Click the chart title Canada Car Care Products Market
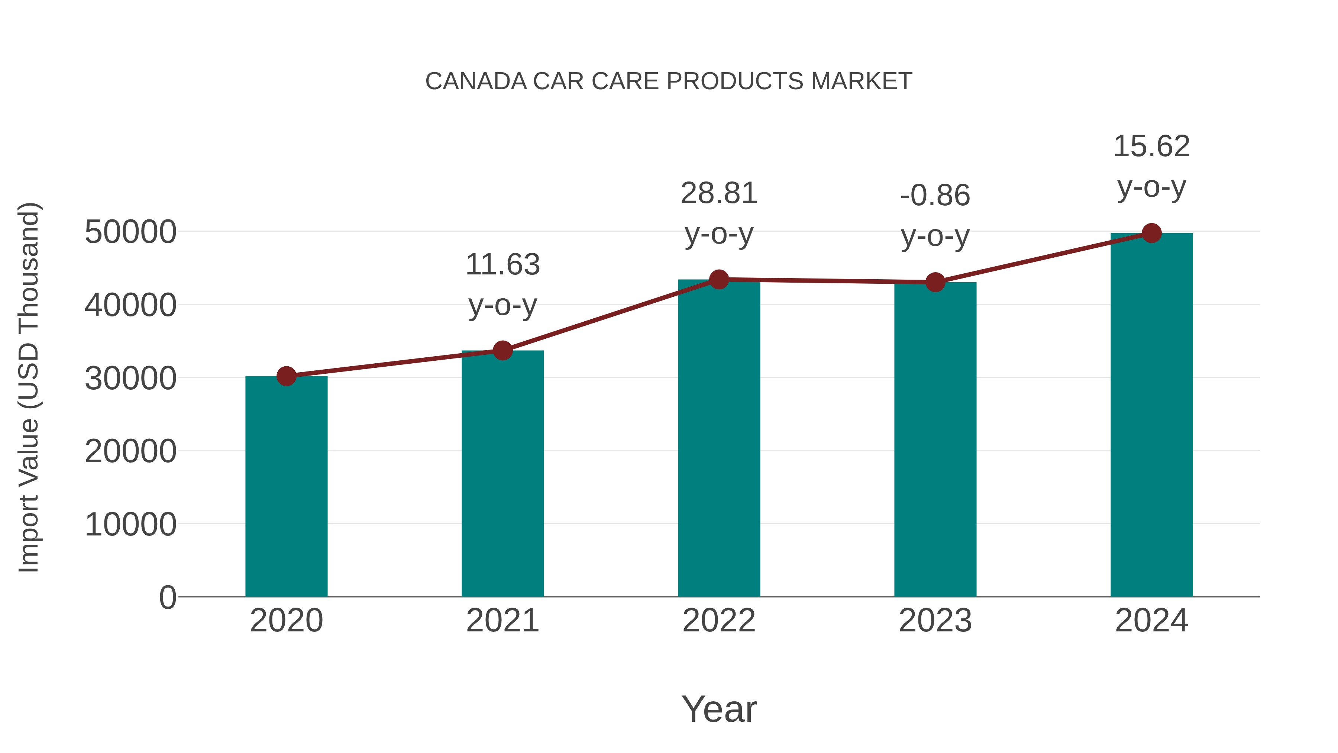(x=669, y=81)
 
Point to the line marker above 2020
(x=286, y=376)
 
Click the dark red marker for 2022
(x=719, y=280)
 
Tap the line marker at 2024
(x=1151, y=233)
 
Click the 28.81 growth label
(x=719, y=213)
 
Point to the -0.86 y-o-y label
(x=935, y=215)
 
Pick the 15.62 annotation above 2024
(x=1151, y=166)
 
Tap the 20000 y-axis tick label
(x=130, y=451)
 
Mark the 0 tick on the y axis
(x=168, y=597)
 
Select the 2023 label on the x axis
(x=935, y=621)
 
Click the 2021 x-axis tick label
(x=502, y=621)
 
